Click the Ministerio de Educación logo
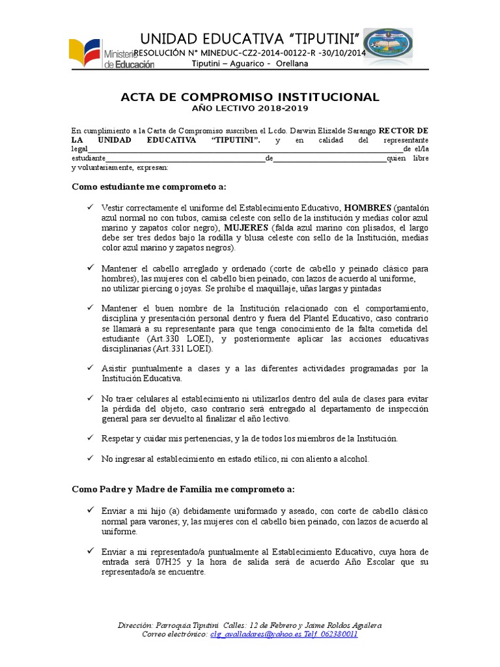[x=111, y=55]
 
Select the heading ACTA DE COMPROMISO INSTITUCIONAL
[x=250, y=97]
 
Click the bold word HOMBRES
[x=367, y=208]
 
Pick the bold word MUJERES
[x=246, y=228]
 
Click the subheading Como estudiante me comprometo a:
[x=148, y=187]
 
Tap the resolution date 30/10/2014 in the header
[x=340, y=53]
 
